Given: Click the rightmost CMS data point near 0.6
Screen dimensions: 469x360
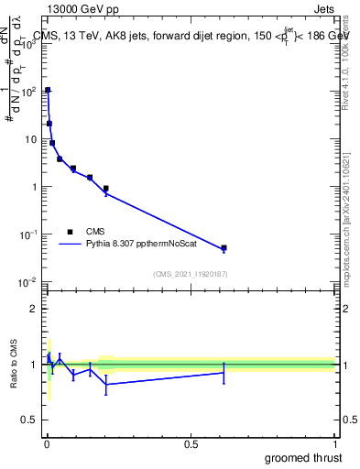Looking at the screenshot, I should tap(224, 248).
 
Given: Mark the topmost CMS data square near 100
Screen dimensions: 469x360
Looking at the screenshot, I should tap(48, 90).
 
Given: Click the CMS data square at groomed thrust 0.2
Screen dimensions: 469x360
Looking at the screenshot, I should tap(106, 189).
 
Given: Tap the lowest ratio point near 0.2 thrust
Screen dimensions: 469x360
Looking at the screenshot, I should tap(106, 385).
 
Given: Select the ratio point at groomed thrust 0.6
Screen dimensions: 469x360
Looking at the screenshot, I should tap(224, 373).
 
